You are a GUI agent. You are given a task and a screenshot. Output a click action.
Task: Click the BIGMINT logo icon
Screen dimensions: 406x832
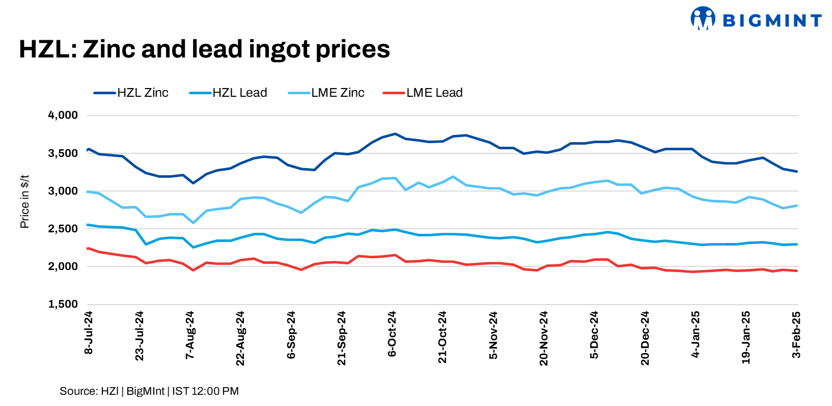coord(703,18)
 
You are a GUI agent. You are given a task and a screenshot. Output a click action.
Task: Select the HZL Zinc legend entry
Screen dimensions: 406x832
coord(131,93)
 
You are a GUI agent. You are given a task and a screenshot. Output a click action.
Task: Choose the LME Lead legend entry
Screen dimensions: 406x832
coord(423,93)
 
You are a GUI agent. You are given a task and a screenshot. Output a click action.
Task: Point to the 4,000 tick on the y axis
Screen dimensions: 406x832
coord(63,115)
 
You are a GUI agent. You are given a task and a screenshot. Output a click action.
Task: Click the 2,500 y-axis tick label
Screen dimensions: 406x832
coord(63,229)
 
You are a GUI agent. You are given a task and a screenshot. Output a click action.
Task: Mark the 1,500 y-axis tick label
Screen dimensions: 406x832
coord(63,304)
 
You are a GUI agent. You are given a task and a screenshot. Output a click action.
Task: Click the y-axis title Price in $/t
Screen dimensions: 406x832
coord(24,202)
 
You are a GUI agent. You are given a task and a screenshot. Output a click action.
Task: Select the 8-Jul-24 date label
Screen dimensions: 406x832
coord(89,333)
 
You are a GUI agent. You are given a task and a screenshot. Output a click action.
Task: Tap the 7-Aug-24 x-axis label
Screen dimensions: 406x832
coord(190,335)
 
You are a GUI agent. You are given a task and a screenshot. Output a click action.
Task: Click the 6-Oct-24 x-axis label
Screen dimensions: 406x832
coord(392,334)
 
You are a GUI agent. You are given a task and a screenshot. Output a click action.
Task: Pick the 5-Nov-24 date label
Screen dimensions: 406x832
coord(493,335)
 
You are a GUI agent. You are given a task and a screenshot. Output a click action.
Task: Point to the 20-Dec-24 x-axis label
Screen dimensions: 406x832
coord(645,338)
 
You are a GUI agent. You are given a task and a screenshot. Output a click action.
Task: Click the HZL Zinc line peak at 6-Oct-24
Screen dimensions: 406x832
coord(395,134)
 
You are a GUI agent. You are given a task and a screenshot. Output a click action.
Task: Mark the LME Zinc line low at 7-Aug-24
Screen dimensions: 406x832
coord(193,223)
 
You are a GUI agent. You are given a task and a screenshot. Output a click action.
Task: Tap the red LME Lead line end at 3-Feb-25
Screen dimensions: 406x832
coord(797,271)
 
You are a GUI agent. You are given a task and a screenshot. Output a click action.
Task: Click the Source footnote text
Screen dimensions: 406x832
coord(149,391)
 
